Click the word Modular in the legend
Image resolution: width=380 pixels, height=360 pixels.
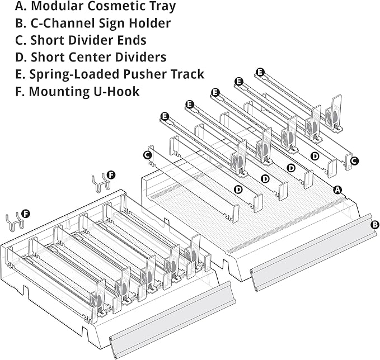click(x=58, y=6)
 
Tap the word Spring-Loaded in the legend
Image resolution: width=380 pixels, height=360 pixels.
click(x=74, y=74)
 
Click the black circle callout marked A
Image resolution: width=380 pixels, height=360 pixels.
click(x=337, y=190)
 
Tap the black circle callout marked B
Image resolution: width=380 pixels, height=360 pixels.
click(x=374, y=225)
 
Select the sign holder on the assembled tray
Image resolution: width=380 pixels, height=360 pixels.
click(x=172, y=320)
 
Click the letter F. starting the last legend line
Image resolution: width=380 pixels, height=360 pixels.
click(x=20, y=92)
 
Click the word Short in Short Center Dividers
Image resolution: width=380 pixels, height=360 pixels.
click(x=48, y=57)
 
